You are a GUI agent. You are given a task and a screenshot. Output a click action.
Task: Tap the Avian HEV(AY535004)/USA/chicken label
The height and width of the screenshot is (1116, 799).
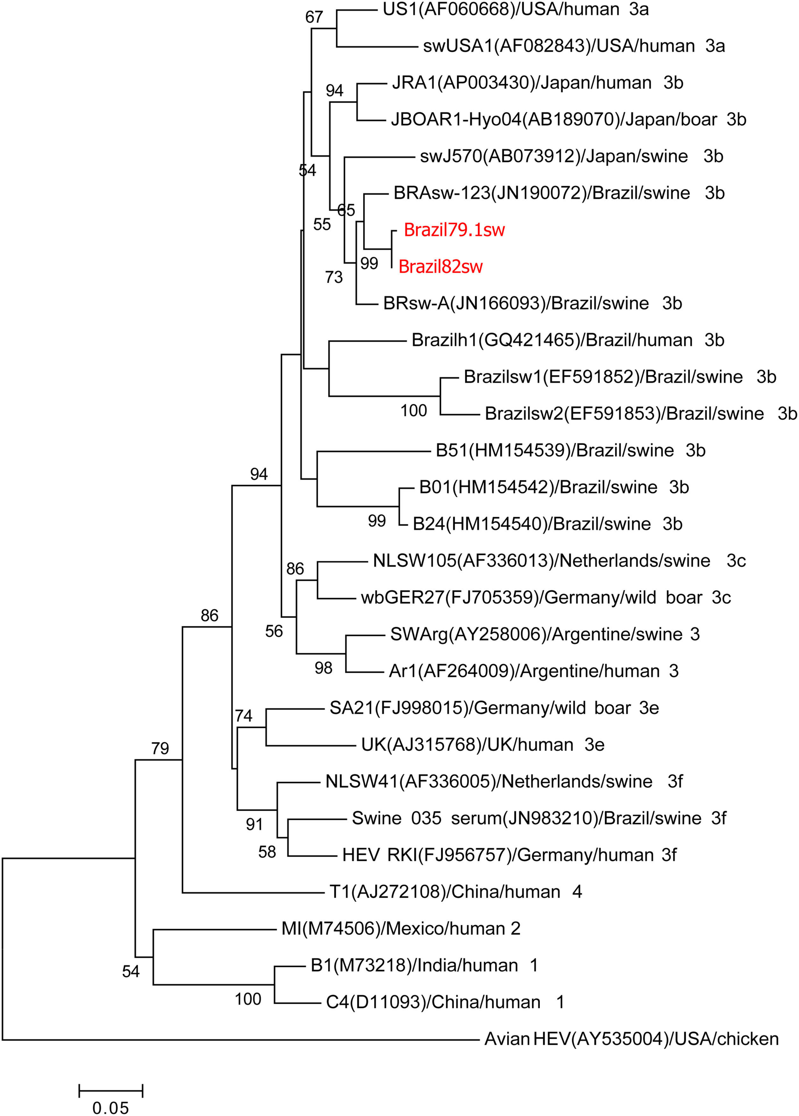point(631,1039)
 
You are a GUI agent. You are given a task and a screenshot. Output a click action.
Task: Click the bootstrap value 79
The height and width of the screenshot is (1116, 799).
point(160,748)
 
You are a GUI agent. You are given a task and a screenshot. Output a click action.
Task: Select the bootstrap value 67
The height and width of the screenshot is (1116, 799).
point(314,17)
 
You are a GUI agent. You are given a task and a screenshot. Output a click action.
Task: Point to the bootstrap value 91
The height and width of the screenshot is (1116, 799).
point(254,824)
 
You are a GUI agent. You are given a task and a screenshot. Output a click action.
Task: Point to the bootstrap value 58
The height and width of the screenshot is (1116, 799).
point(267,852)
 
